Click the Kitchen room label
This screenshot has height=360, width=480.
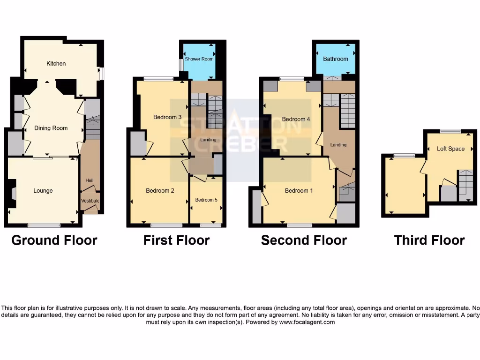(x=56, y=63)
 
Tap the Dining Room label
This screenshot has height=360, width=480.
(x=51, y=128)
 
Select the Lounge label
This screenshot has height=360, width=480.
(x=43, y=191)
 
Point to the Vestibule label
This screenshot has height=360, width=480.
(x=90, y=201)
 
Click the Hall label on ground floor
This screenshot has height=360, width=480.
(x=89, y=180)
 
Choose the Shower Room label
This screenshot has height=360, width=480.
(x=199, y=59)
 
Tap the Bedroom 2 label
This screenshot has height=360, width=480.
(x=160, y=191)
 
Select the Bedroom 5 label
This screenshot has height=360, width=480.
(x=206, y=200)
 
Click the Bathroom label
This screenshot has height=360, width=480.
(x=335, y=59)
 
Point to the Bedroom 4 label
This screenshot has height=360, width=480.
(x=296, y=119)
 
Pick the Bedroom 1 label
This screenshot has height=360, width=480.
(x=299, y=191)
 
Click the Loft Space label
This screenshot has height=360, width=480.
(x=450, y=149)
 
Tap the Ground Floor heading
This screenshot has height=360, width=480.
(x=54, y=240)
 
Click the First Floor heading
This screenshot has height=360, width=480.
(x=176, y=240)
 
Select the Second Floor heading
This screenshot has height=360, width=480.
(x=304, y=240)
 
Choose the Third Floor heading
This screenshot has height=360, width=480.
(x=429, y=240)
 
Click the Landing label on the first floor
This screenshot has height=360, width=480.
(x=208, y=140)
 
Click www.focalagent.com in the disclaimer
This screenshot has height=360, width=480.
(x=307, y=322)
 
